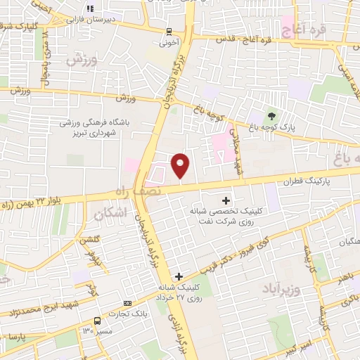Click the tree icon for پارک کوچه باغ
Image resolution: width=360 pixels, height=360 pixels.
point(271,115)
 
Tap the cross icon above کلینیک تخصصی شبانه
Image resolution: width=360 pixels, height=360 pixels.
point(225,201)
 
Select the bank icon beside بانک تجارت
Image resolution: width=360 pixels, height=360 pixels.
point(127,303)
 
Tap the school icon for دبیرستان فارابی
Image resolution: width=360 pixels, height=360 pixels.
point(89,10)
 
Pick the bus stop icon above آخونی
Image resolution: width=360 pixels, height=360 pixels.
point(169,31)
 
